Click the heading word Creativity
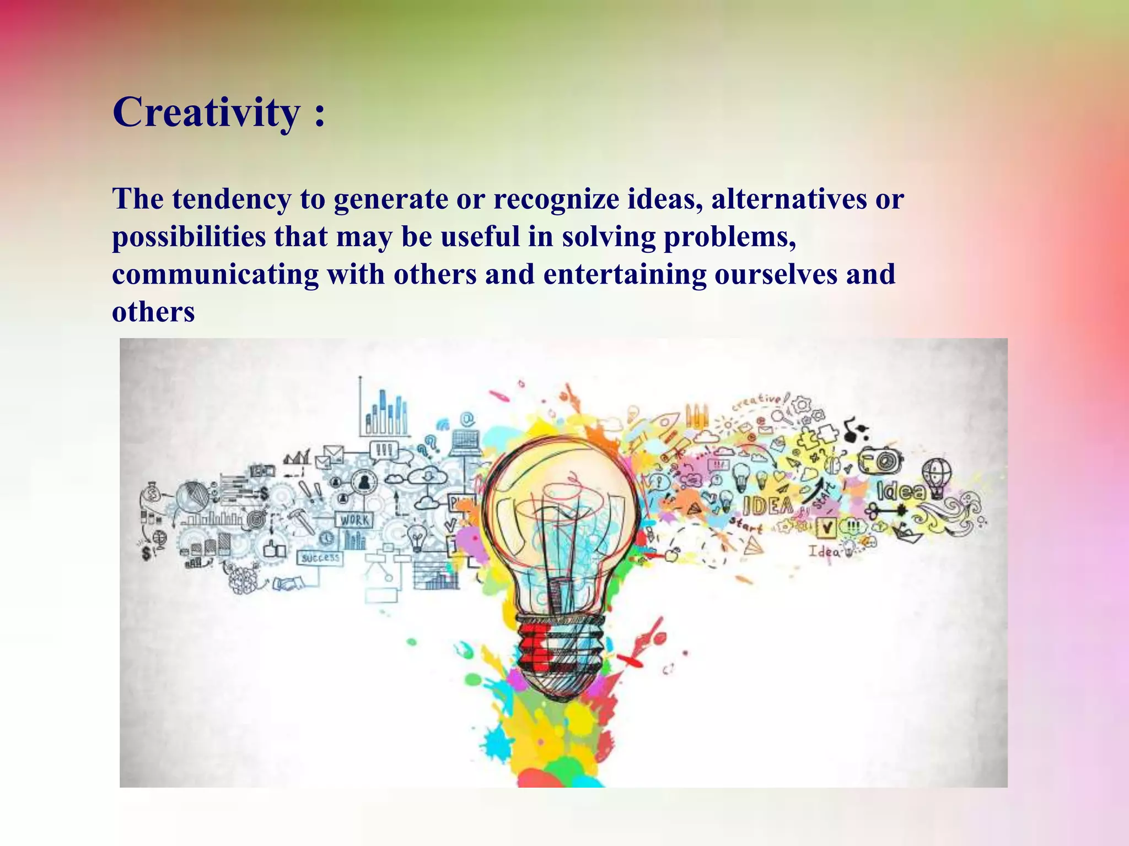pyautogui.click(x=207, y=112)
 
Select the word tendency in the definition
pyautogui.click(x=232, y=199)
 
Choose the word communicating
pyautogui.click(x=215, y=274)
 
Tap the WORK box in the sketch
pyautogui.click(x=354, y=520)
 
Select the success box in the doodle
pyautogui.click(x=320, y=558)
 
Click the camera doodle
pyautogui.click(x=881, y=459)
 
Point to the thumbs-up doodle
pyautogui.click(x=275, y=548)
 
